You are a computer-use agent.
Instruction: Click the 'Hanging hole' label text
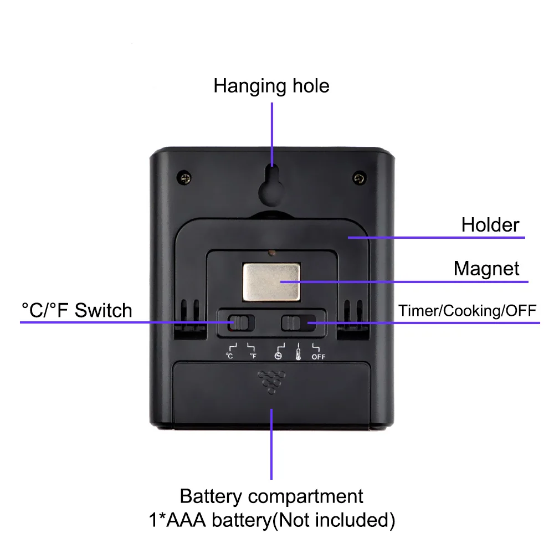(271, 86)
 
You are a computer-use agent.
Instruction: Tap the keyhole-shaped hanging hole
(272, 186)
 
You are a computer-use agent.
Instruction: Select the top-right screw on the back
(360, 177)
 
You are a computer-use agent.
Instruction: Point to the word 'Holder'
(490, 225)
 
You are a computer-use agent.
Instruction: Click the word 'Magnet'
(486, 269)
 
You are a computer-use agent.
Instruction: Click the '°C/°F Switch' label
(77, 310)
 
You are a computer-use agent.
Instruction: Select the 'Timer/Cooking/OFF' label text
(467, 310)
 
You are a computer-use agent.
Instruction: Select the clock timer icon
(278, 356)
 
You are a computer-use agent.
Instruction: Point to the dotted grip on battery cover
(271, 381)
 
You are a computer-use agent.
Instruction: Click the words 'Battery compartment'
(271, 495)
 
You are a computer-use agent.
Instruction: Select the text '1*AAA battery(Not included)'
(271, 520)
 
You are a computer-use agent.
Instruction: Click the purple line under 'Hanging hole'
(272, 133)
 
